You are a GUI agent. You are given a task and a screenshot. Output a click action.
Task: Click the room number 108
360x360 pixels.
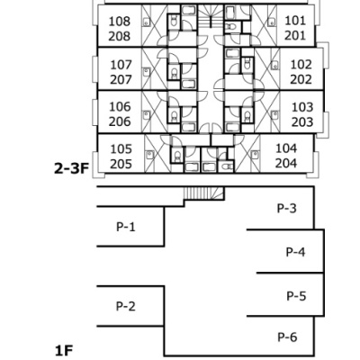(x=120, y=22)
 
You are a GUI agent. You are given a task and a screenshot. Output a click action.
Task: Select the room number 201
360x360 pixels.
(x=295, y=36)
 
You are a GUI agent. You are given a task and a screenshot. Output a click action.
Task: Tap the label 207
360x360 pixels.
(x=121, y=80)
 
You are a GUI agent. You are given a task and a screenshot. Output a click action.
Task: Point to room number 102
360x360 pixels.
(x=301, y=65)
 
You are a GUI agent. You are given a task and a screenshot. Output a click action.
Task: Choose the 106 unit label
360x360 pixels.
(x=120, y=107)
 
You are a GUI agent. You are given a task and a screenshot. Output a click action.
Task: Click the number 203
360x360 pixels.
(x=302, y=122)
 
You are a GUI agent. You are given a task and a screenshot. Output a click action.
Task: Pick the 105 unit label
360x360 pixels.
(x=121, y=149)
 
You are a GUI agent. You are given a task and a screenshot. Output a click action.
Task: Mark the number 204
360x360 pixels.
(x=286, y=164)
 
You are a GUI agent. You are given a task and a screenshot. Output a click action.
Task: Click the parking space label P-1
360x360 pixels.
(x=126, y=227)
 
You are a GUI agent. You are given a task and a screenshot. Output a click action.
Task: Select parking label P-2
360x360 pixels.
(x=126, y=306)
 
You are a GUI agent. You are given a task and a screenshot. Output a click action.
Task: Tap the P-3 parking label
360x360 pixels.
(x=287, y=208)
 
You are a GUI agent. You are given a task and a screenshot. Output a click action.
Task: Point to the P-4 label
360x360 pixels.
(x=295, y=252)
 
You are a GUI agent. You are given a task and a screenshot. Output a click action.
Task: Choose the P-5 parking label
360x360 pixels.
(x=296, y=296)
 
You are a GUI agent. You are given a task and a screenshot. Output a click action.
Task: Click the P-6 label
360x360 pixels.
(x=287, y=337)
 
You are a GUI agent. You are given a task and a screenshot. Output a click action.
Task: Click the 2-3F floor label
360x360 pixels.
(x=72, y=169)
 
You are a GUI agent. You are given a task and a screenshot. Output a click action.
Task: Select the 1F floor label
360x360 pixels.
(x=64, y=350)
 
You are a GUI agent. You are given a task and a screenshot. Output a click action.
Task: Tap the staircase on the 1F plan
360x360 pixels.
(x=204, y=193)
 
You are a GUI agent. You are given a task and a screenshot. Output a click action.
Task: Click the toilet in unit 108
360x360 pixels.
(x=174, y=21)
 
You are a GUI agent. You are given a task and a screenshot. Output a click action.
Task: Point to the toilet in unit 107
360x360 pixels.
(x=174, y=73)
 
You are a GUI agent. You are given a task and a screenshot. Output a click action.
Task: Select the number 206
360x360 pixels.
(x=120, y=121)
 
